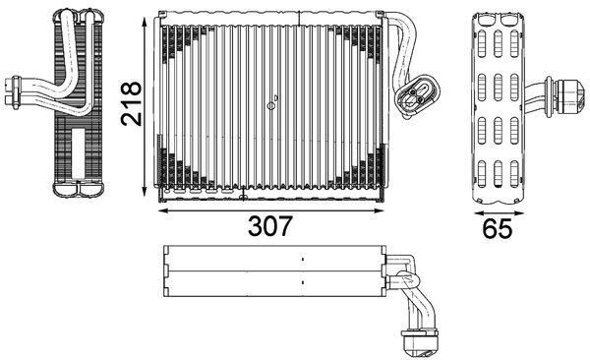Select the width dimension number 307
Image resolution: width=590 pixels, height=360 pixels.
268,225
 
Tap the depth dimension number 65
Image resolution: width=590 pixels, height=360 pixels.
498,228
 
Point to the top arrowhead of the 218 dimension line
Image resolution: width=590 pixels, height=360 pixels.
148,21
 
